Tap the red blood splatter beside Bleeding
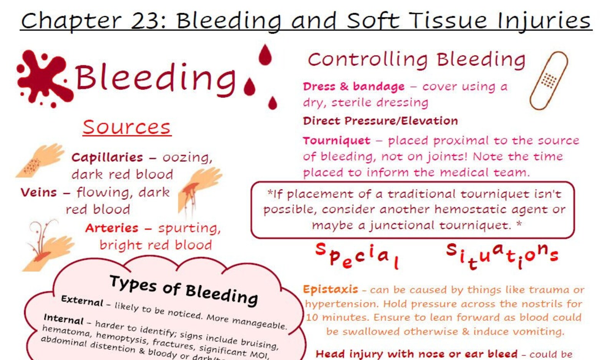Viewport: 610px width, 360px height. [43, 78]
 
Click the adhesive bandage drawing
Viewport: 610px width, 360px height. [549, 81]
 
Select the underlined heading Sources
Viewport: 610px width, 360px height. [127, 127]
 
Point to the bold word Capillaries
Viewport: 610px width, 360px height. [107, 158]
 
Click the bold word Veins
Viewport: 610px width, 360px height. [38, 192]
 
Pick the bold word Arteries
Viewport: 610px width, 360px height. [111, 228]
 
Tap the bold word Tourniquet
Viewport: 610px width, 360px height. [336, 141]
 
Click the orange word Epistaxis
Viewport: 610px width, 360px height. [330, 289]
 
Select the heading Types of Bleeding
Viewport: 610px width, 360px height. [184, 290]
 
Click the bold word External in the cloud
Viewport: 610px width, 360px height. [82, 300]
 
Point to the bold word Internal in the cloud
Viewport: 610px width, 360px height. [63, 319]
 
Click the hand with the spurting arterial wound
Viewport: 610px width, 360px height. [48, 248]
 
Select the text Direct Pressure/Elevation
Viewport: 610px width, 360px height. [380, 121]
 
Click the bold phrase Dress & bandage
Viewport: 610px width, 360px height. [353, 86]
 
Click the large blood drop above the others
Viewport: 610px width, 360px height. [265, 55]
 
